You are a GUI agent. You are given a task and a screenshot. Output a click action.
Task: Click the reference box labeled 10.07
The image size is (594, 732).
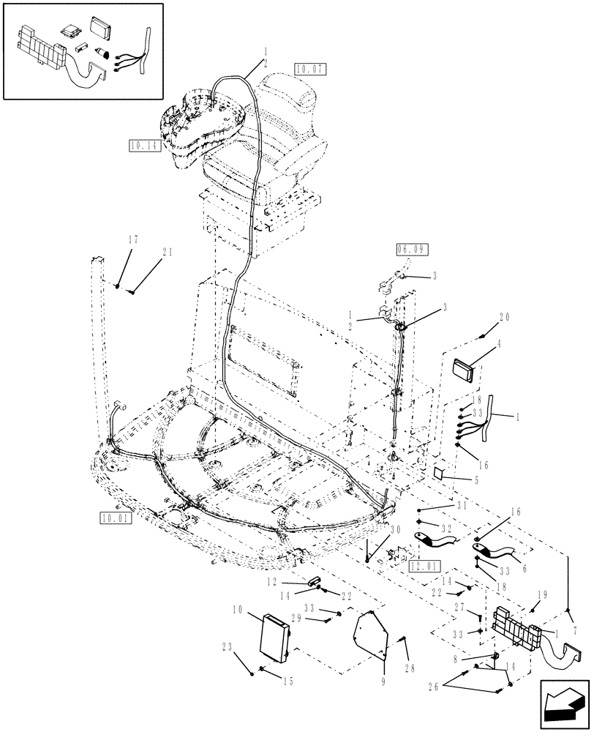coord(310,70)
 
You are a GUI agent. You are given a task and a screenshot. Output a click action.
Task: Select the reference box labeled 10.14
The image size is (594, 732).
coord(143,146)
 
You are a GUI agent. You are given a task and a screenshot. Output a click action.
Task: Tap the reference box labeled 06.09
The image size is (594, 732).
coord(413,250)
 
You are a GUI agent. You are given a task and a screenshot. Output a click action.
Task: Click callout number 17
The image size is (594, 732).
coord(132,239)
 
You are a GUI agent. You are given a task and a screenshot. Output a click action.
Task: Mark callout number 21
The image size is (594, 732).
coord(168,252)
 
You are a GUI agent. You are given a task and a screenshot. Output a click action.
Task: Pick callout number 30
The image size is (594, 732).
coord(394,531)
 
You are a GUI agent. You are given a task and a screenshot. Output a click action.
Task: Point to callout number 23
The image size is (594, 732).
coord(225,647)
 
